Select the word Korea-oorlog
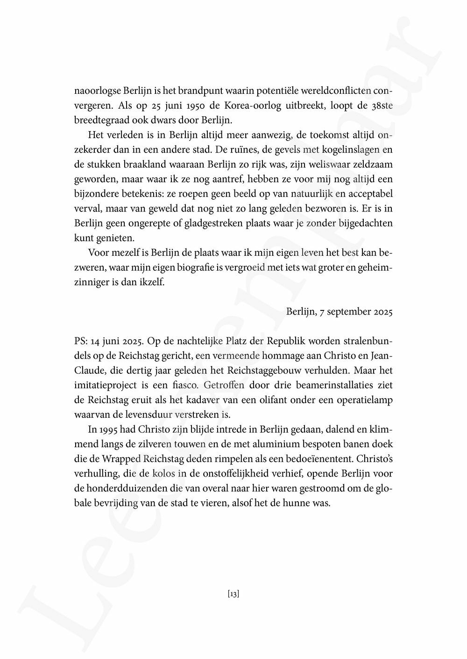pyautogui.click(x=248, y=106)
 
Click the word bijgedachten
pyautogui.click(x=362, y=223)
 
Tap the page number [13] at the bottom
pyautogui.click(x=233, y=594)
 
